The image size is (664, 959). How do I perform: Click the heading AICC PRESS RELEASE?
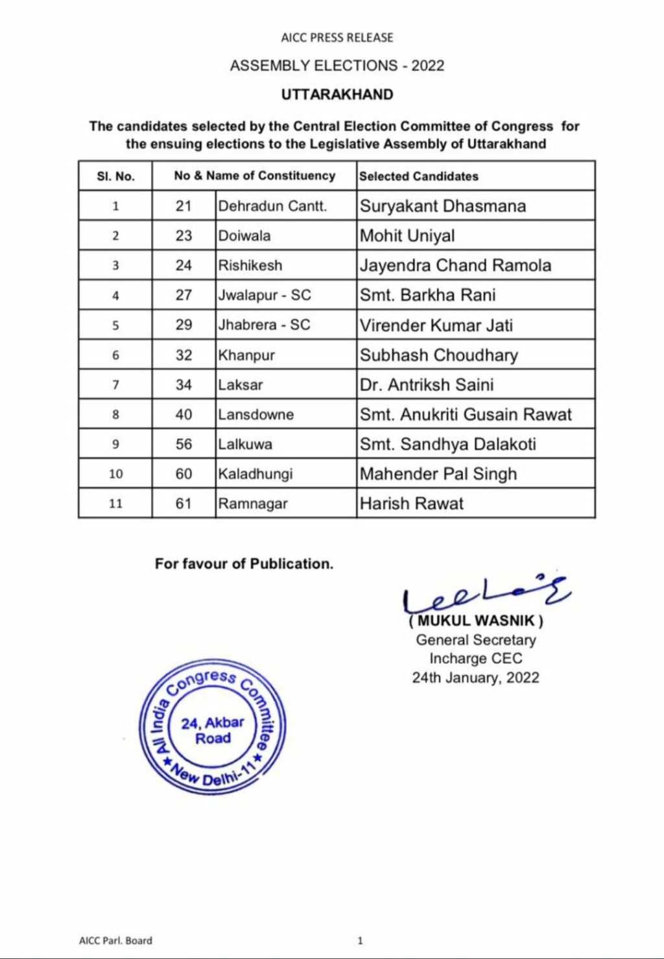pyautogui.click(x=337, y=38)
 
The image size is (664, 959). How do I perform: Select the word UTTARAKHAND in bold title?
pyautogui.click(x=337, y=95)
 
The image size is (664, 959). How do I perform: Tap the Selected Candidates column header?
pyautogui.click(x=419, y=176)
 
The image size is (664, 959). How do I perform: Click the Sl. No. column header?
pyautogui.click(x=115, y=176)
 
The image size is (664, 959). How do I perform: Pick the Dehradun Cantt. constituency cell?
pyautogui.click(x=272, y=206)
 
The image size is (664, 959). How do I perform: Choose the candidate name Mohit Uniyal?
pyautogui.click(x=407, y=236)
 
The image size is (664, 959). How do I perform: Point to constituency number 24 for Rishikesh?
pyautogui.click(x=184, y=266)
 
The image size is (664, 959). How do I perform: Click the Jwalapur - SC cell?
pyautogui.click(x=265, y=296)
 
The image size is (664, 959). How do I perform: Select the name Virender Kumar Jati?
pyautogui.click(x=436, y=326)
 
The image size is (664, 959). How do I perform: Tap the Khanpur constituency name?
pyautogui.click(x=246, y=355)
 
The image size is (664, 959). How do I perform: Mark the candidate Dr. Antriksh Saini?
pyautogui.click(x=427, y=385)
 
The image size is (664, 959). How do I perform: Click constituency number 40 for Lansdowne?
pyautogui.click(x=184, y=415)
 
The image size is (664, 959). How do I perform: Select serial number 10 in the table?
pyautogui.click(x=115, y=474)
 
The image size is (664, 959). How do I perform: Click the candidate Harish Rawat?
pyautogui.click(x=412, y=504)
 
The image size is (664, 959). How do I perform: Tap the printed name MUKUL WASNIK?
pyautogui.click(x=476, y=621)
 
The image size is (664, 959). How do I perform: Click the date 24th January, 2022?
pyautogui.click(x=475, y=678)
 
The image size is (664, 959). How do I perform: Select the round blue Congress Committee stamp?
pyautogui.click(x=213, y=728)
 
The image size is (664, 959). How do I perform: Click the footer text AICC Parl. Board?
pyautogui.click(x=115, y=940)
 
